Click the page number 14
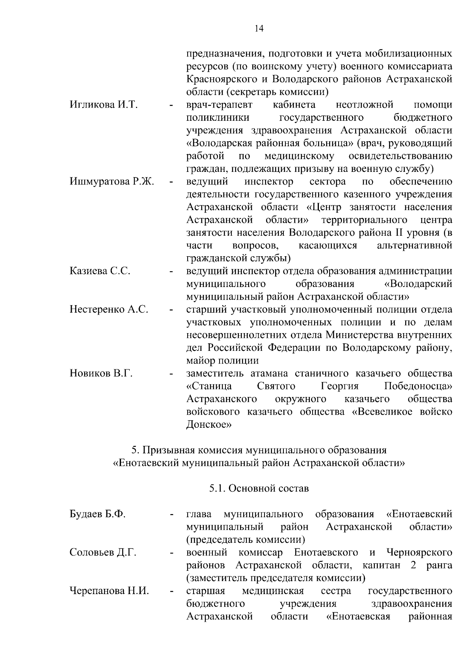259,28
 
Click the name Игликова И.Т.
103,105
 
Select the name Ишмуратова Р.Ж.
112,182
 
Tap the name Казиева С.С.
100,271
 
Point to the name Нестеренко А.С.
109,309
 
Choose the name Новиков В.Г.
101,373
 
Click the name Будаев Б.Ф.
97,514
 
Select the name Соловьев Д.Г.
103,553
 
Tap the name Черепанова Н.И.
109,591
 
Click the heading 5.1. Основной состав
259,488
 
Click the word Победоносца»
418,386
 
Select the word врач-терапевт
220,105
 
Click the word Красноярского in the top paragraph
221,79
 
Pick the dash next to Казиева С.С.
171,272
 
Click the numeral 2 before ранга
413,565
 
